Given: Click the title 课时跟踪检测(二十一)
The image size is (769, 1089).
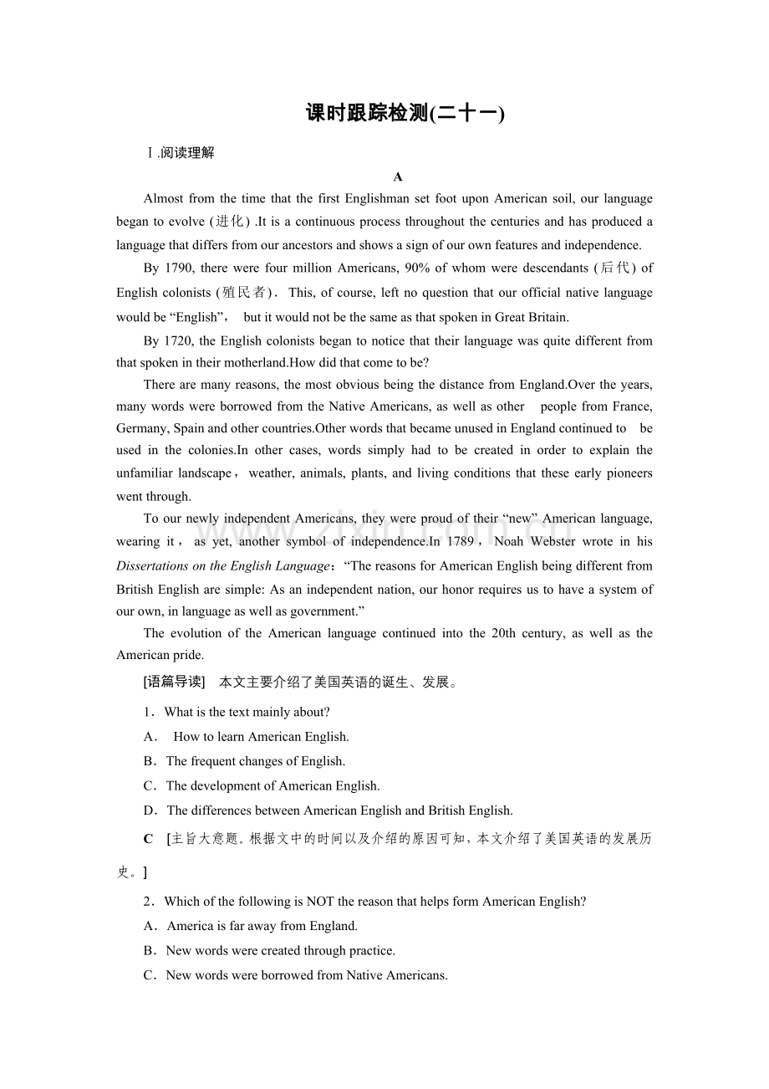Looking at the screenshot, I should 405,113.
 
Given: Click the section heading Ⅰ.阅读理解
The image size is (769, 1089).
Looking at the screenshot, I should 180,153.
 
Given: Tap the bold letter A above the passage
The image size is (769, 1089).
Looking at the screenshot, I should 398,176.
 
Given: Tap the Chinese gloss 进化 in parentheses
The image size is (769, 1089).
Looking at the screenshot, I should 229,222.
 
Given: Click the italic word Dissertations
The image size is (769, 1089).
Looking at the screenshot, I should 154,565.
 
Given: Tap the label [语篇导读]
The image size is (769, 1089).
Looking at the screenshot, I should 174,682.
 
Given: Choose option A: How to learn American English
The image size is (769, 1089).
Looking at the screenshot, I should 260,737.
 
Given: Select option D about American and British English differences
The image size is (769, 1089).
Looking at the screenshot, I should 339,810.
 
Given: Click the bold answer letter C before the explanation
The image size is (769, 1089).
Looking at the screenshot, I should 148,839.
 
